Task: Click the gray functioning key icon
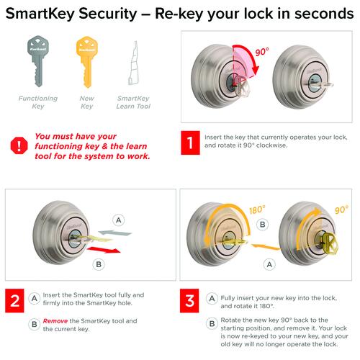click(38, 61)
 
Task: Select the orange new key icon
click(87, 62)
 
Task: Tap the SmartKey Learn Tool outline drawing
click(134, 63)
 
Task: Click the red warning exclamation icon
click(19, 145)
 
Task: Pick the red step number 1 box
click(190, 143)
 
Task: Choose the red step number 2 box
click(14, 301)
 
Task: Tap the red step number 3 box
click(189, 301)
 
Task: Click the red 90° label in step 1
click(262, 52)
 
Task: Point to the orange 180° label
click(257, 210)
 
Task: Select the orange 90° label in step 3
click(341, 210)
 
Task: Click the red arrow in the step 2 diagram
click(104, 250)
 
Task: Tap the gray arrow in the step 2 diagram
click(115, 233)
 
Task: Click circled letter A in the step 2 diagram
click(119, 220)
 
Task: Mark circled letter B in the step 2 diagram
click(99, 264)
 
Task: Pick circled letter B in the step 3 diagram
click(263, 225)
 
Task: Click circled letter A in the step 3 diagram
click(269, 264)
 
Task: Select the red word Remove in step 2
click(55, 321)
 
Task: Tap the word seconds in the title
click(324, 14)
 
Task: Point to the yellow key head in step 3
click(330, 243)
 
